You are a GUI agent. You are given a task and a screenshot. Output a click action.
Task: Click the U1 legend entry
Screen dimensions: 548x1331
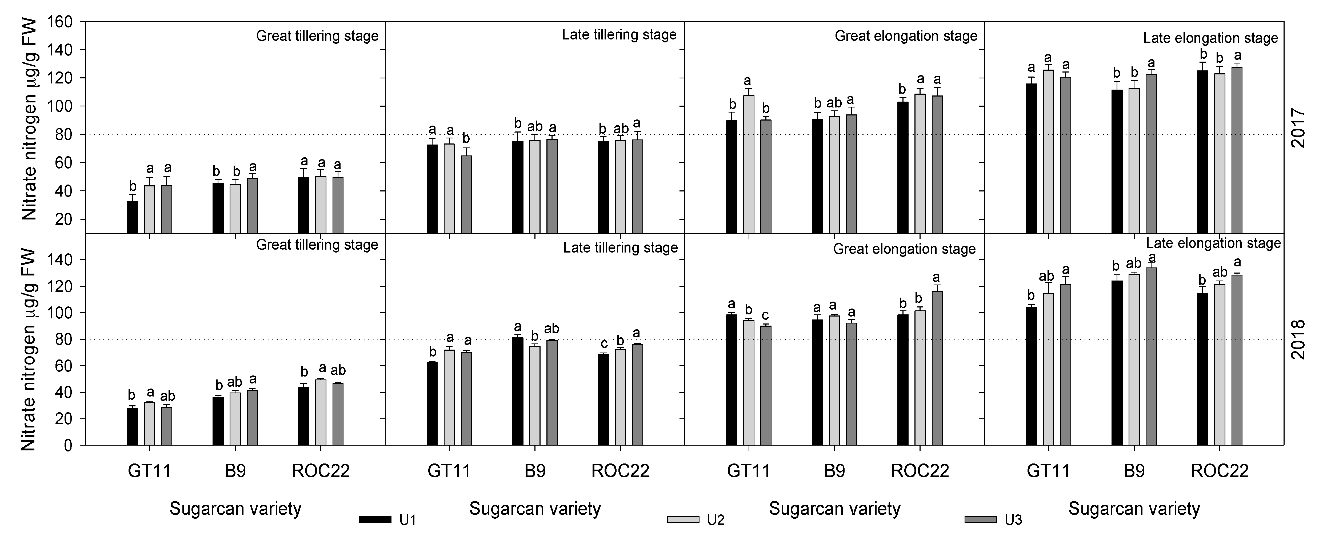tap(387, 519)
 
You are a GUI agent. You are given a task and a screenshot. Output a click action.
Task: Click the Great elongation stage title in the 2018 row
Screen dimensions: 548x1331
tap(904, 249)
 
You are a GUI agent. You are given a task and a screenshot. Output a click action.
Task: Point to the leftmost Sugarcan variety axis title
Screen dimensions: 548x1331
tap(235, 509)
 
